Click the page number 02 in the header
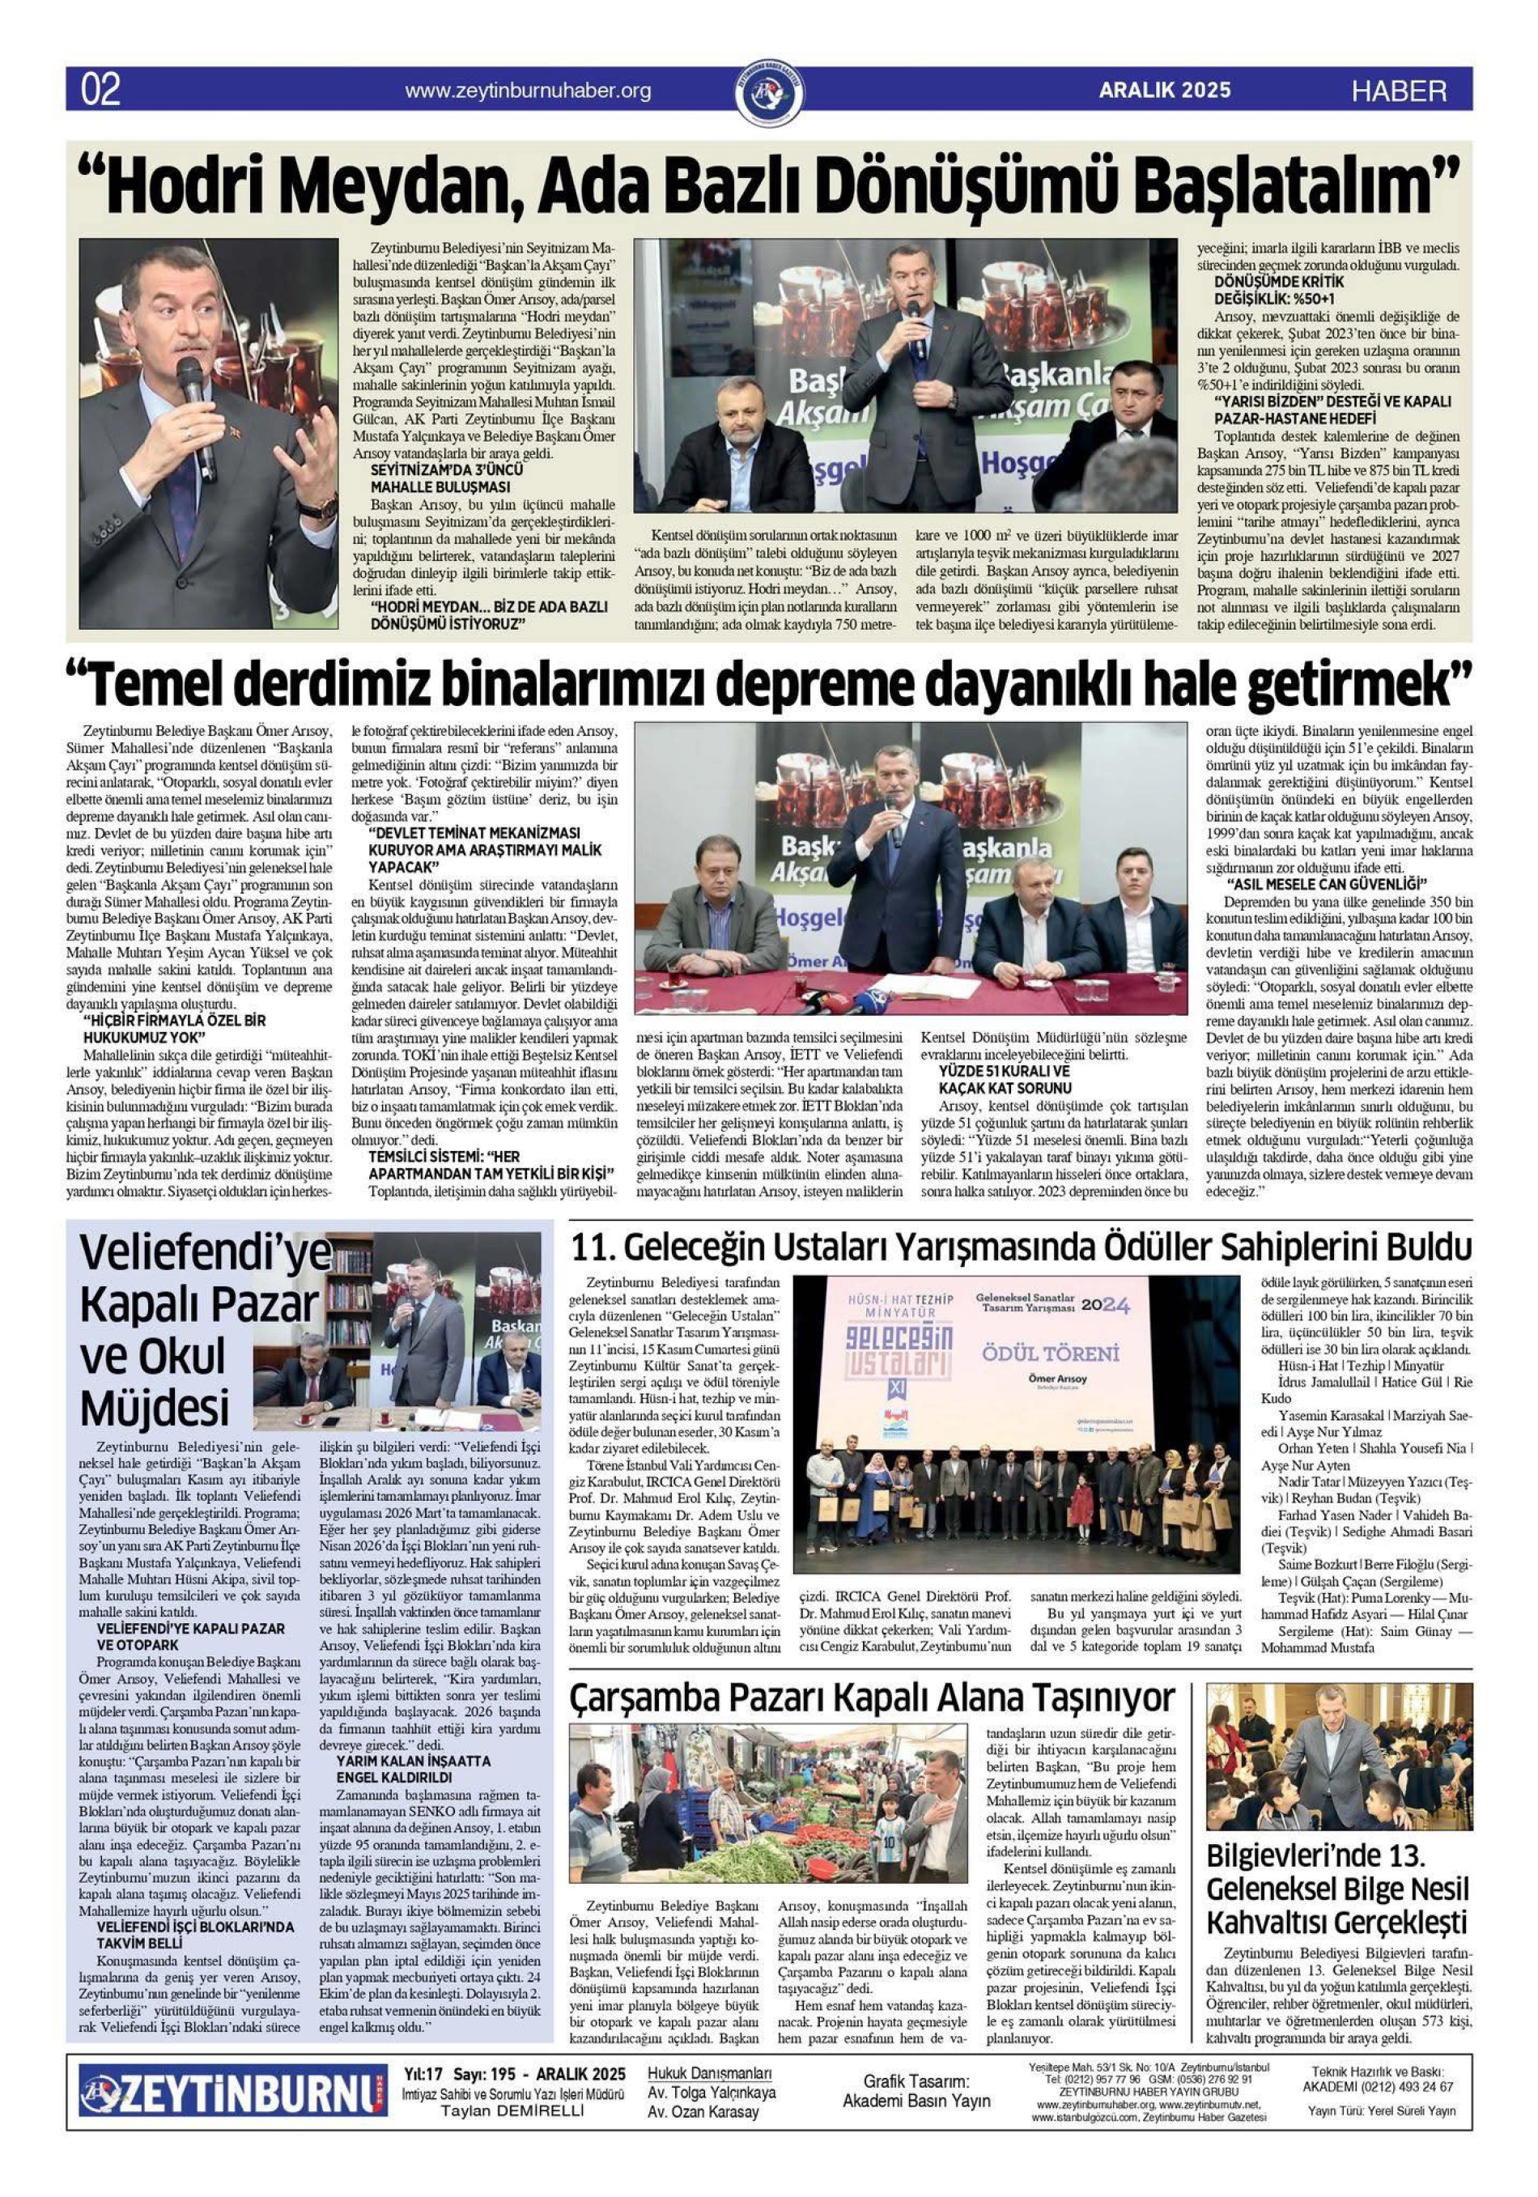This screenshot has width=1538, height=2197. point(101,91)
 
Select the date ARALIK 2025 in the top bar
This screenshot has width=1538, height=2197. point(1164,91)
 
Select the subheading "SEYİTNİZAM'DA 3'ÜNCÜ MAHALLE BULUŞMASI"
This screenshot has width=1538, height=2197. point(447,478)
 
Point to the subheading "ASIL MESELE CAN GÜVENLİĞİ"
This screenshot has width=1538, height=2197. point(1327,882)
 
